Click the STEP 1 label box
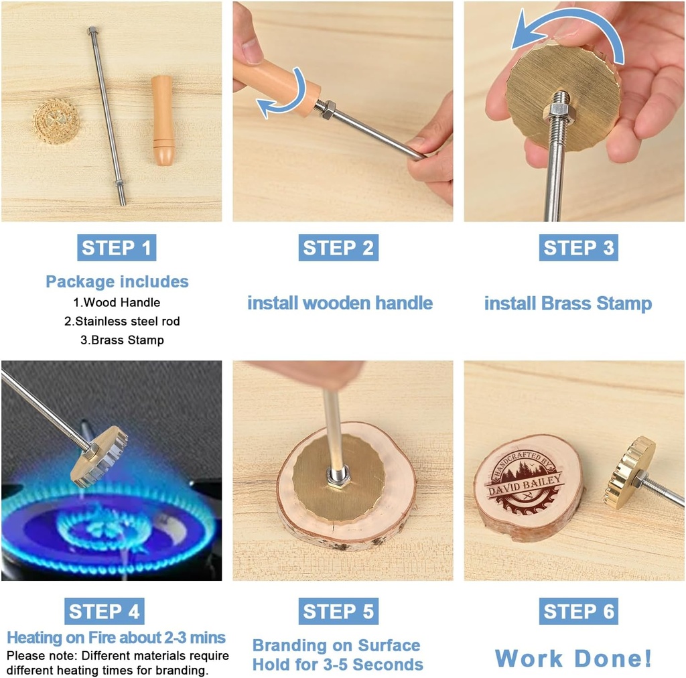coord(117,248)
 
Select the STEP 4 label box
coord(105,612)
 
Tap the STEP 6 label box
coord(578,612)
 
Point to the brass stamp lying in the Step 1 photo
coord(56,121)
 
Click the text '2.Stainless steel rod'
coord(122,321)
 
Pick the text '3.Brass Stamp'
coord(122,340)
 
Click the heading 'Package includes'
coord(117,281)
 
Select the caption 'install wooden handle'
coord(340,303)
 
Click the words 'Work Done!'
coord(573,658)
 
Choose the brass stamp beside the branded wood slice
coord(630,472)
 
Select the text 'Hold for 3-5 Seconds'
coord(338,665)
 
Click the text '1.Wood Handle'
coord(117,302)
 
